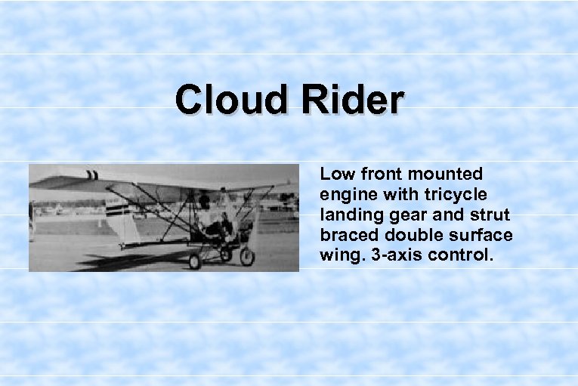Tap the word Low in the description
tap(336, 174)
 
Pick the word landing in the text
tap(349, 215)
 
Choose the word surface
tap(480, 236)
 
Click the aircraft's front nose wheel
tap(247, 256)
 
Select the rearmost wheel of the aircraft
tap(195, 261)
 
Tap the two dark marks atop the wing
tap(92, 175)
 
